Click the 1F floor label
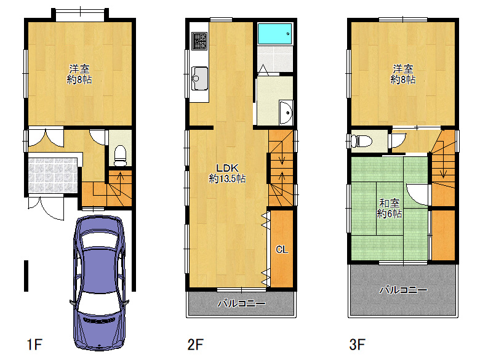(x=34, y=345)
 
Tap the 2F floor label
(x=195, y=345)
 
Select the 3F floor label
(x=357, y=345)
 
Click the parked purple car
(x=100, y=282)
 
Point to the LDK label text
(x=227, y=168)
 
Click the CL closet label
(x=282, y=249)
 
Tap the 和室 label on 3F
(x=390, y=203)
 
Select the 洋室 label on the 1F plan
(x=79, y=68)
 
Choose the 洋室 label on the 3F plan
(x=403, y=68)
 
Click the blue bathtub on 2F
(x=274, y=34)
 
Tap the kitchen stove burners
(x=199, y=41)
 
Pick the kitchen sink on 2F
(x=199, y=79)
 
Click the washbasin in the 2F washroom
(x=286, y=113)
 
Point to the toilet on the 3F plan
(x=361, y=141)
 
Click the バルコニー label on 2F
(x=241, y=303)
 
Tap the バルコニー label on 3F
(x=403, y=290)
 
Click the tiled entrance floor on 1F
(x=53, y=175)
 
